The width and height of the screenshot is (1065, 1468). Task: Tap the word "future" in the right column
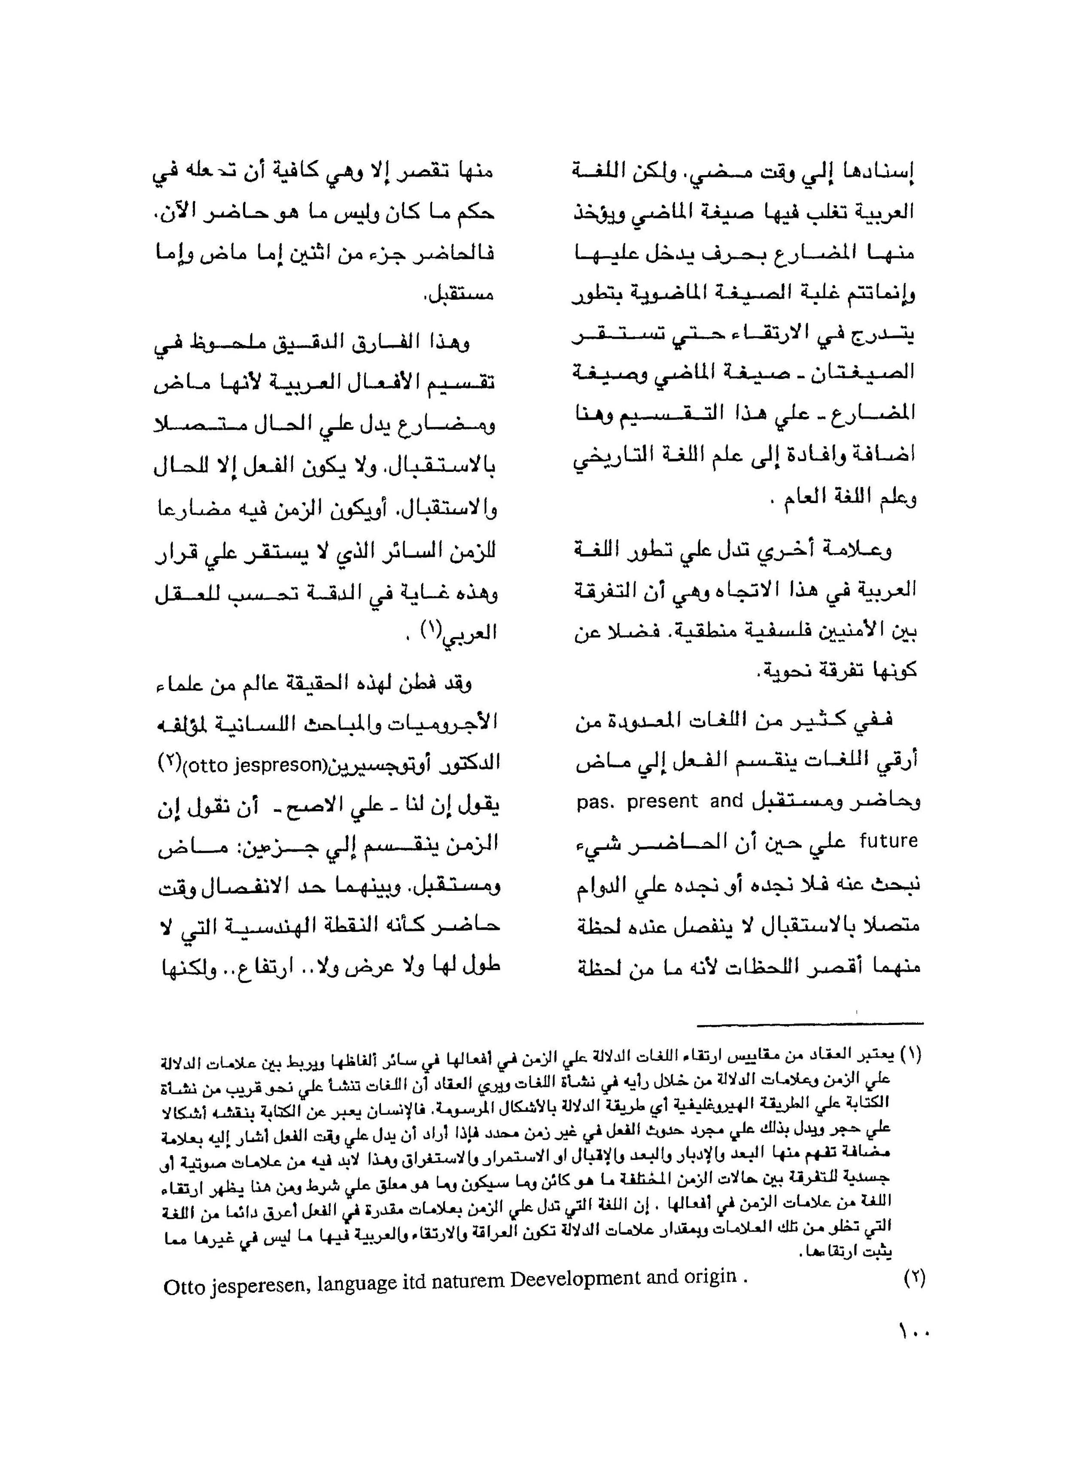888,841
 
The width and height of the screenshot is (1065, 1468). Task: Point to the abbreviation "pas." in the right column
594,801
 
